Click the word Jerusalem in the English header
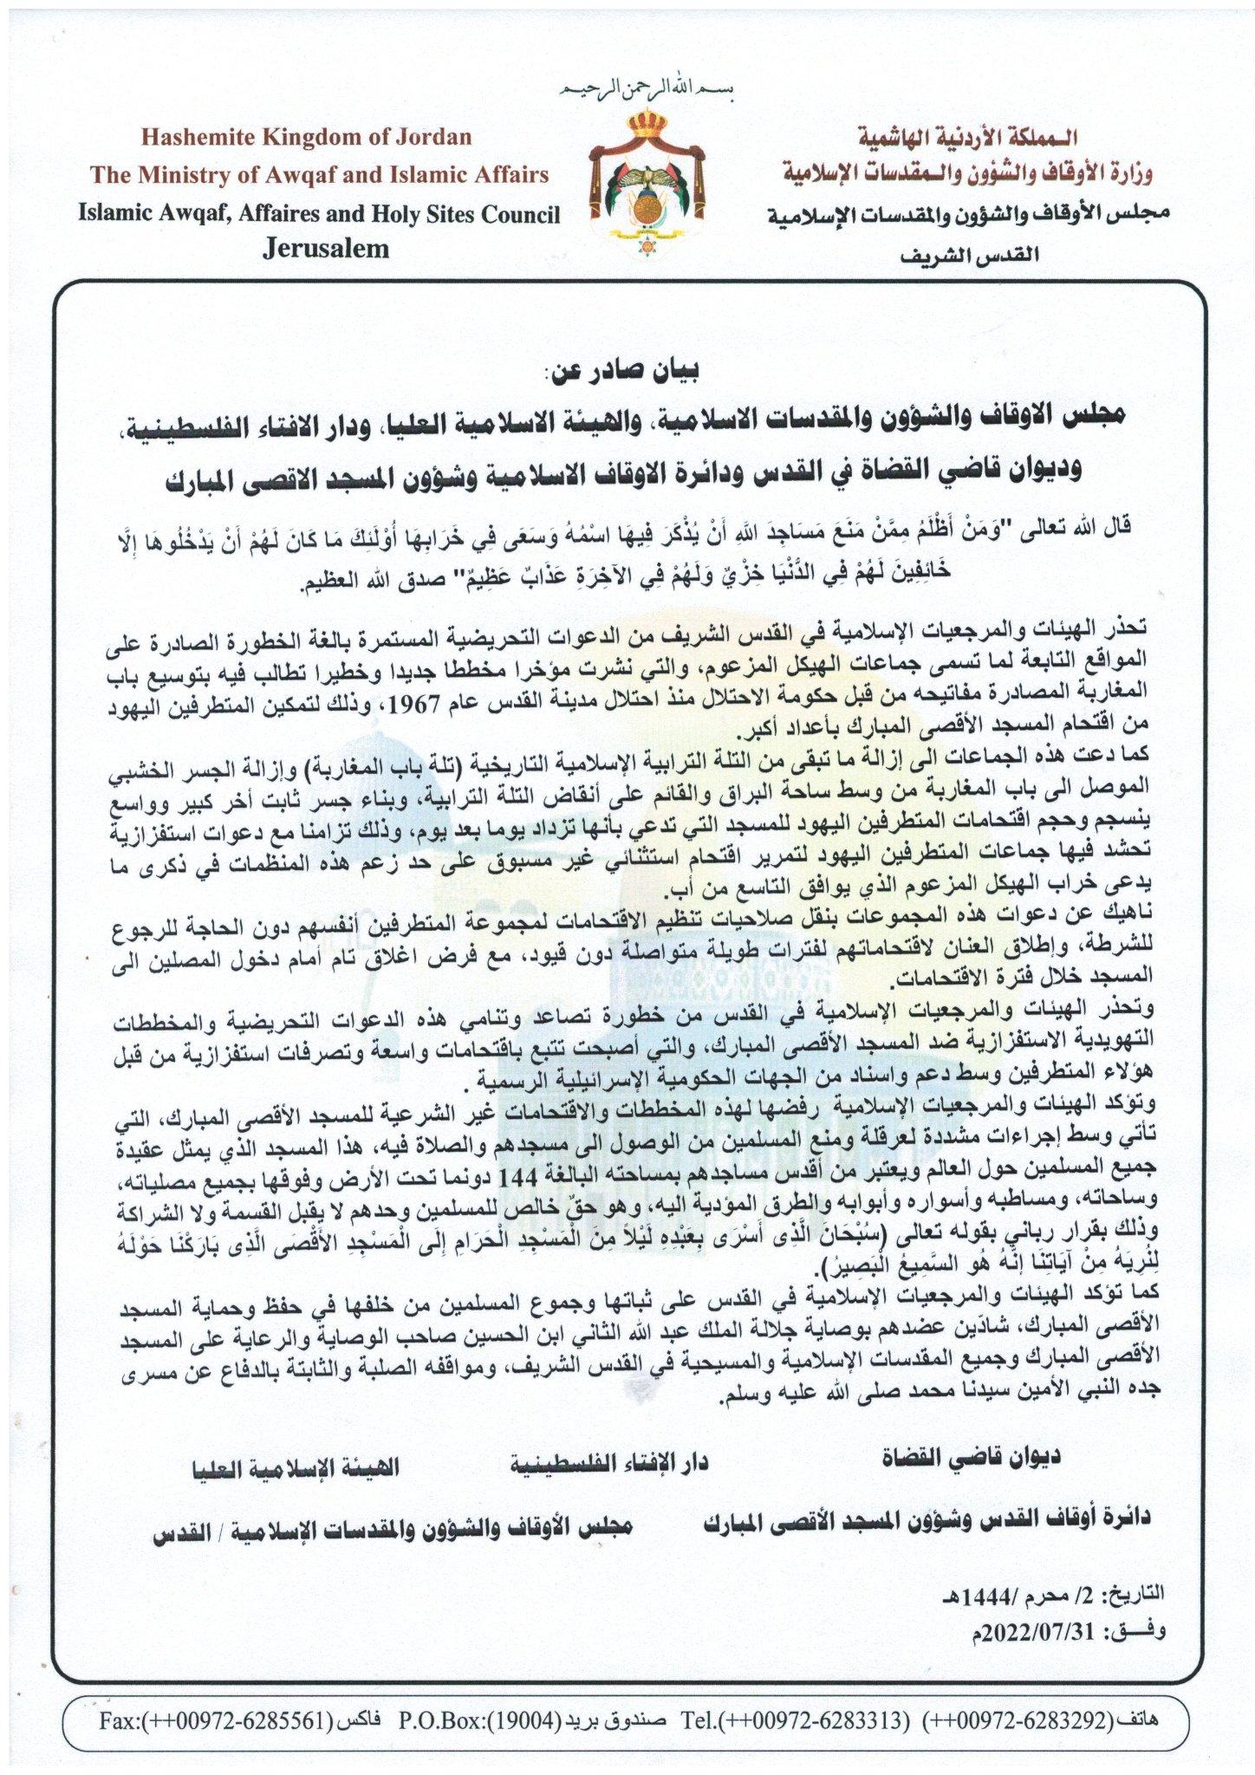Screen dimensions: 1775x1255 pyautogui.click(x=325, y=250)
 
